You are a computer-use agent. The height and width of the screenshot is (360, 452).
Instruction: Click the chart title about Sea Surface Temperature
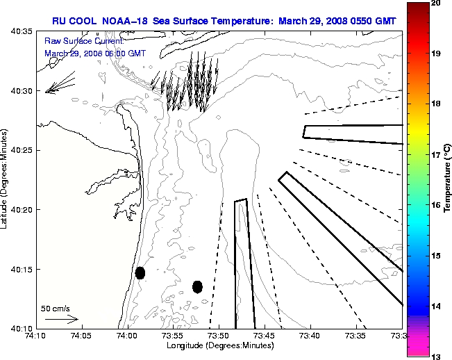point(224,21)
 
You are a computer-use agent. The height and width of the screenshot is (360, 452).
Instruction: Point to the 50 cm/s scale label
point(56,308)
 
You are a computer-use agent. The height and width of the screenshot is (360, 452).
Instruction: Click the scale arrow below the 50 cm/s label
point(61,319)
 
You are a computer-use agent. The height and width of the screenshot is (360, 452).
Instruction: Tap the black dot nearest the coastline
point(140,272)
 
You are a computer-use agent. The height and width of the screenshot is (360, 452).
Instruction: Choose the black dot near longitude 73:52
point(197,286)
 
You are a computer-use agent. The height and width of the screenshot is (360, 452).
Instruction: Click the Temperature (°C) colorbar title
point(448,180)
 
